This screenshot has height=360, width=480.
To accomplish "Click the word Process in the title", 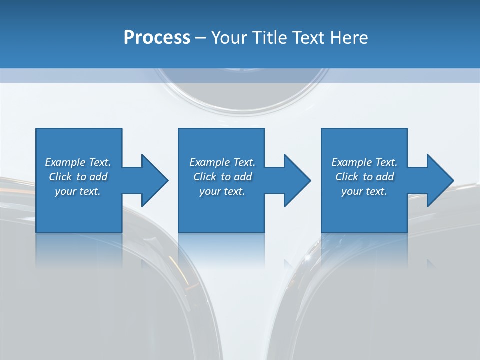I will point(157,38).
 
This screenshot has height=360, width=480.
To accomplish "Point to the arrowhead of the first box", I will point(155,180).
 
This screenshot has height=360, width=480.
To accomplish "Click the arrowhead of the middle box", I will point(297,180).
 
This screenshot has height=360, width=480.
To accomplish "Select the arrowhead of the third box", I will point(440,180).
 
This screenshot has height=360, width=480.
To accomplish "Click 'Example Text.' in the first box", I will point(78,162).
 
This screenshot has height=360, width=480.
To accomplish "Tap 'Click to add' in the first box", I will point(78,177).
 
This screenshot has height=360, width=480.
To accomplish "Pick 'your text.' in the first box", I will point(78,191).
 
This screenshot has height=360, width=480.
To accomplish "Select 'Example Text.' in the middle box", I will point(222,162).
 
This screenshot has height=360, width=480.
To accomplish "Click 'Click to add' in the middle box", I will point(222,177).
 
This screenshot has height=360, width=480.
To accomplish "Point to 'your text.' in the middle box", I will point(222,191).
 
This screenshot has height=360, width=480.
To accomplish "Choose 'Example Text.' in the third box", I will point(364,162).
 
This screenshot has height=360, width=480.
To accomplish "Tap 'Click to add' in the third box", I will point(364,177).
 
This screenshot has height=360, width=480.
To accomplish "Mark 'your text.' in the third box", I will point(364,191).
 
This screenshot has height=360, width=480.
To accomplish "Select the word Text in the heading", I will point(308,38).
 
